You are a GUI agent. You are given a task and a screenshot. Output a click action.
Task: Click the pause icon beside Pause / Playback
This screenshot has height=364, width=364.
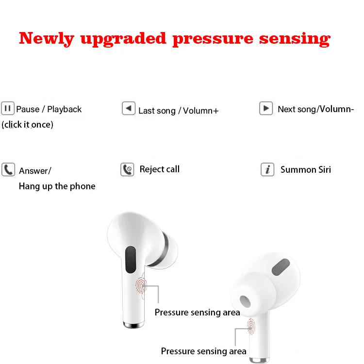point(8,108)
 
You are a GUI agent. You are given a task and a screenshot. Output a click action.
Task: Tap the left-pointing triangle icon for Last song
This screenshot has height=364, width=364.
point(129,108)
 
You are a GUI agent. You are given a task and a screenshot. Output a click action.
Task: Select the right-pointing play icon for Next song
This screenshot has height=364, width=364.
point(266,108)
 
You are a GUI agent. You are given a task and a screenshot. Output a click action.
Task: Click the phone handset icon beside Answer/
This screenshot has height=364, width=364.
point(8,170)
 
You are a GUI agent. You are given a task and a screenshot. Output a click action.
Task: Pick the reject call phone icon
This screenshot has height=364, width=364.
point(127,169)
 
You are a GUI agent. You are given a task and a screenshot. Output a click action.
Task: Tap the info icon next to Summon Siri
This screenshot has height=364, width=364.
point(267,169)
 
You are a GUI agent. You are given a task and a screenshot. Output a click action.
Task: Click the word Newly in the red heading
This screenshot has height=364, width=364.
point(47,38)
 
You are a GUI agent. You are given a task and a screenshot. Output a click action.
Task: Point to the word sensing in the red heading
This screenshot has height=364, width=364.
point(295,39)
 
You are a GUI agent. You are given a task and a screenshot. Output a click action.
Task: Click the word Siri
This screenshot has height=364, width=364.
point(325,170)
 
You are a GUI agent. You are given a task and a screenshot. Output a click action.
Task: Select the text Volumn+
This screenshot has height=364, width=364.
point(201,111)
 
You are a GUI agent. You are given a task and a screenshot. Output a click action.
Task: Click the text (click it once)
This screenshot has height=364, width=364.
point(27,125)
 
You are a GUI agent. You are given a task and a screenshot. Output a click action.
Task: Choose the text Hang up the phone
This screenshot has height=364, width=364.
point(57,186)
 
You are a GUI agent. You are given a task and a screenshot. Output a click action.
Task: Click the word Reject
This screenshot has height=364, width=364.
point(151,169)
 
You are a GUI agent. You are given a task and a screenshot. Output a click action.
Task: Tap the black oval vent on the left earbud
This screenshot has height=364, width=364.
point(131,260)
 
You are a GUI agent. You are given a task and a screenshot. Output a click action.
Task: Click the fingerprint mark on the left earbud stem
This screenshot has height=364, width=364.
point(141,286)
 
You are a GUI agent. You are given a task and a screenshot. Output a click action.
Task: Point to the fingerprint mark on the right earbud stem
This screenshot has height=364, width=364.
point(251,327)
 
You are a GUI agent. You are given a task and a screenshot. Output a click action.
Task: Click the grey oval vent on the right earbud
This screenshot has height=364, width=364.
point(281,267)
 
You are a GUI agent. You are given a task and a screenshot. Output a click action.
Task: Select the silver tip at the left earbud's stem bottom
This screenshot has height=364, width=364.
point(134,325)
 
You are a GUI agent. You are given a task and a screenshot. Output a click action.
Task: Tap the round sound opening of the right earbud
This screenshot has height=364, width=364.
point(245,301)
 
